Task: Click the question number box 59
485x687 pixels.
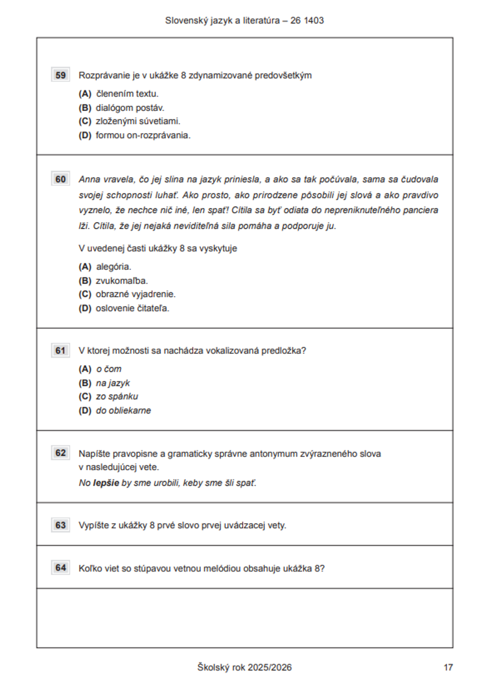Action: coord(61,75)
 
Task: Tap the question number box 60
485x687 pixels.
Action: coord(61,179)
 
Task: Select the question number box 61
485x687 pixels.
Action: coord(61,351)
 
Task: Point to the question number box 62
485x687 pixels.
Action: coord(61,453)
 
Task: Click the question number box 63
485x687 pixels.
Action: coord(61,525)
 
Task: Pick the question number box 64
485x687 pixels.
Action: coord(61,568)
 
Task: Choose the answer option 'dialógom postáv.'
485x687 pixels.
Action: coord(129,108)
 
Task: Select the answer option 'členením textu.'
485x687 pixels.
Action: coord(127,94)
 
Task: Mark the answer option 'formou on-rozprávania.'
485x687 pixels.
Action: coord(143,135)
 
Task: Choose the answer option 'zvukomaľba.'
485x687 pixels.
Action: coord(122,281)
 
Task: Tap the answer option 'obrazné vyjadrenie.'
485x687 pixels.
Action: coord(135,294)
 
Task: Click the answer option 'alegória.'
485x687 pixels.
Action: coord(113,267)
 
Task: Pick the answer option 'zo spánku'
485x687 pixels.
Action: coord(117,397)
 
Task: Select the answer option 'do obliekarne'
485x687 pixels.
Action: coord(123,411)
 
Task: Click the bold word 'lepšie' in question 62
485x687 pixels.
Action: coord(106,483)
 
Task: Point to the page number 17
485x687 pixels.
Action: coord(448,668)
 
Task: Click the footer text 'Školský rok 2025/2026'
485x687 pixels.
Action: coord(244,668)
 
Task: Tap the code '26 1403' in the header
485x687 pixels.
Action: coord(307,20)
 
